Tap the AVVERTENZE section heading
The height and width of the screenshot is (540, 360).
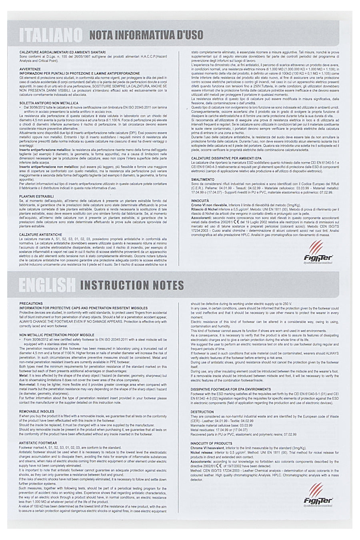coord(30,69)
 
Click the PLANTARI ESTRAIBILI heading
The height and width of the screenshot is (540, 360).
coord(36,196)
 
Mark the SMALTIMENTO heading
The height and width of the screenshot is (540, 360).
coord(203,179)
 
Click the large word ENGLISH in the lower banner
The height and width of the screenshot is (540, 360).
coord(47,284)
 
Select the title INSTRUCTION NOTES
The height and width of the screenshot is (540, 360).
coord(132,285)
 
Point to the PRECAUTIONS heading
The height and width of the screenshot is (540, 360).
coord(31,304)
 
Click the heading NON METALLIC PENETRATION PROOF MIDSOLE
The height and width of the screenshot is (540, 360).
coord(57,334)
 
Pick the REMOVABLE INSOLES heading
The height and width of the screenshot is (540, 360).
coord(36,411)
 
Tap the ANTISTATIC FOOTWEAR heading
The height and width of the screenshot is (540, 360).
coord(38,443)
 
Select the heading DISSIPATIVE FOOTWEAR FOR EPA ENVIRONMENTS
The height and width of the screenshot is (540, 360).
coord(231,389)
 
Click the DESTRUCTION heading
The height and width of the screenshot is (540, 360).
coord(202,412)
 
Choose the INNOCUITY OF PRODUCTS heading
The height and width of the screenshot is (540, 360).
coord(211,443)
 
